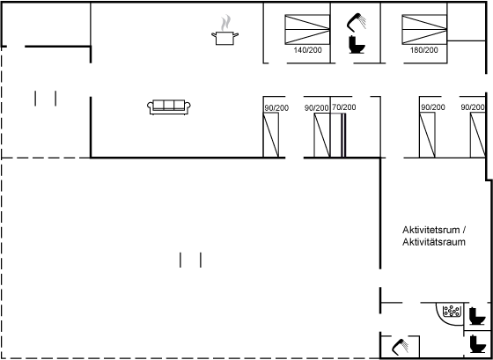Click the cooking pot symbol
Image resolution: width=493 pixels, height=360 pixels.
[224, 38]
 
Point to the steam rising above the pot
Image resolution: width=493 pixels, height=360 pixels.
[225, 23]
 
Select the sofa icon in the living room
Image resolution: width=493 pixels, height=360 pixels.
[169, 107]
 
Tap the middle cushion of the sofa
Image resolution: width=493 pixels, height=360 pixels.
[169, 105]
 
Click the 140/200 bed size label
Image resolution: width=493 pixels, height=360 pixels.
[307, 50]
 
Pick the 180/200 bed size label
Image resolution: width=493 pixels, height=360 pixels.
[423, 50]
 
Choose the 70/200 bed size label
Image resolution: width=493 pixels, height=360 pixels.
[344, 107]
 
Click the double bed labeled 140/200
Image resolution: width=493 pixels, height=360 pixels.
[307, 30]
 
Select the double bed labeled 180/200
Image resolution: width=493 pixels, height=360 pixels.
[424, 30]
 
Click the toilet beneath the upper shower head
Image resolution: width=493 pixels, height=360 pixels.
[357, 45]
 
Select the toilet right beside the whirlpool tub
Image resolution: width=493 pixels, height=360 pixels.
[477, 316]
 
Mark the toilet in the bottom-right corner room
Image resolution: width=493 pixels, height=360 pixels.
[477, 344]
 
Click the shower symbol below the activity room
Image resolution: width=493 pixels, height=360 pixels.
[401, 347]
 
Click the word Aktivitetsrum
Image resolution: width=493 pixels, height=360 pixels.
[431, 230]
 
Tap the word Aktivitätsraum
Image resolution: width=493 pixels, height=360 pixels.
[434, 242]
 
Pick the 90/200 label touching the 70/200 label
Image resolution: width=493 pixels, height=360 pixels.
[317, 108]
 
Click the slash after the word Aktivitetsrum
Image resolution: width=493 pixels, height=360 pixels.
[464, 230]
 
